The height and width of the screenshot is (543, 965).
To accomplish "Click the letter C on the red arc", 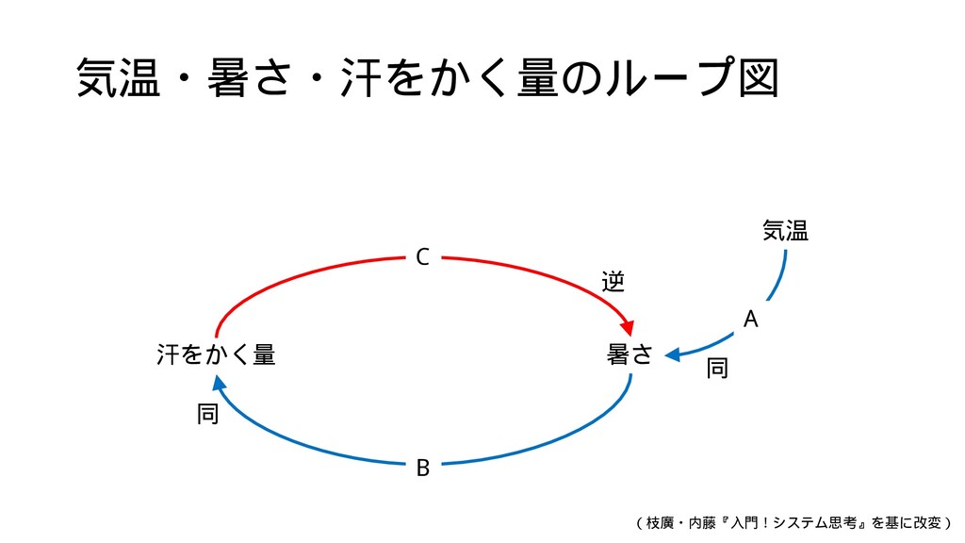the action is coord(422,256).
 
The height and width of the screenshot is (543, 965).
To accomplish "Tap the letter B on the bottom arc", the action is coord(423,467).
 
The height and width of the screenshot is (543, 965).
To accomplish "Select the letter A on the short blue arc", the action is coord(750,321).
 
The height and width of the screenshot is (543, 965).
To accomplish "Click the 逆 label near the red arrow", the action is coord(613,281).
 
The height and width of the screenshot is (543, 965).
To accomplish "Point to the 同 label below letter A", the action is coord(717,369).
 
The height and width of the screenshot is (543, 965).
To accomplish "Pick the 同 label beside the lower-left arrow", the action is coord(208,413).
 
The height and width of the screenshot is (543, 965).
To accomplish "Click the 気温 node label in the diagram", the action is coord(785,230).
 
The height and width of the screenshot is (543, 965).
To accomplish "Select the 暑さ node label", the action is coord(630,355).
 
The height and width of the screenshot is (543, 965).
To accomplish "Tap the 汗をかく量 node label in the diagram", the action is coord(216,355).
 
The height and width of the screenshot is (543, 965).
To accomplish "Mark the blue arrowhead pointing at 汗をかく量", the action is coord(219,382).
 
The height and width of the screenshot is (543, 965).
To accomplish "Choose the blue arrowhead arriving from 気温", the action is coord(672,355).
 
